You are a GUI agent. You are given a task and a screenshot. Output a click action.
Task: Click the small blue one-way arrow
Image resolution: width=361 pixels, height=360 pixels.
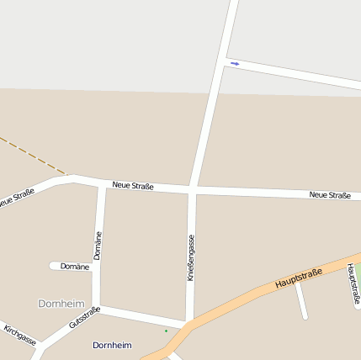coord(235,63)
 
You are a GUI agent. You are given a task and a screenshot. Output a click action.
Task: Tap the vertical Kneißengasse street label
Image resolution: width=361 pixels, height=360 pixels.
coord(191,257)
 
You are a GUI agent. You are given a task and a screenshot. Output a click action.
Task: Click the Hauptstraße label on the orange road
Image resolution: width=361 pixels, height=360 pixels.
coord(298,278)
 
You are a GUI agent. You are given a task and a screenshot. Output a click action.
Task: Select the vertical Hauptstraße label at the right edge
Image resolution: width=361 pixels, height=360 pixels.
coord(354,283)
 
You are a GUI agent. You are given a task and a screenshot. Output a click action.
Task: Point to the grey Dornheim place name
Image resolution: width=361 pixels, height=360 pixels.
coord(61,303)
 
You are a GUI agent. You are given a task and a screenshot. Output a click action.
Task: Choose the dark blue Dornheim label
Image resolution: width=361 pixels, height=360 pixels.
coord(112,345)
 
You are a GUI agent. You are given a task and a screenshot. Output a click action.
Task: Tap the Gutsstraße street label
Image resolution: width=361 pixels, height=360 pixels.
coord(85,317)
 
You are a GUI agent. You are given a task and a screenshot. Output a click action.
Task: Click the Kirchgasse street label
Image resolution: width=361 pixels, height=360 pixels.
coord(20,334)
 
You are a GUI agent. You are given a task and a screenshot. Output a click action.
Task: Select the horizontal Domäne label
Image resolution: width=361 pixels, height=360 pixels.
coord(75,267)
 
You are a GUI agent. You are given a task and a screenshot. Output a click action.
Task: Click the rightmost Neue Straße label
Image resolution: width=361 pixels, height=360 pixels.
coord(330,195)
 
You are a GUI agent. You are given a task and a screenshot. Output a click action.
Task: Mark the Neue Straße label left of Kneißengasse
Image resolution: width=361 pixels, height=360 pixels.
coord(133,184)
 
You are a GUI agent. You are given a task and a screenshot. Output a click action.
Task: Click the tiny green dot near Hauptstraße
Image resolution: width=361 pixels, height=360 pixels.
coord(166,331)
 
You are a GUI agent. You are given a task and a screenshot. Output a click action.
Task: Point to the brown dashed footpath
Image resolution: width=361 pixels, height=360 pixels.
coord(34,155)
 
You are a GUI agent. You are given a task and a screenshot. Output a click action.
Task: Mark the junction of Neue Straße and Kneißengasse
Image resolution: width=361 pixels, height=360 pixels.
coord(193,188)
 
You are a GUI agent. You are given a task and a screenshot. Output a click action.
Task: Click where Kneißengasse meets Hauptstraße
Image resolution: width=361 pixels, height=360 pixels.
coord(188,323)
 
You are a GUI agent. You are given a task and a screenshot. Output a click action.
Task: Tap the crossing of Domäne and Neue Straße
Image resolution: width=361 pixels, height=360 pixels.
coord(102,183)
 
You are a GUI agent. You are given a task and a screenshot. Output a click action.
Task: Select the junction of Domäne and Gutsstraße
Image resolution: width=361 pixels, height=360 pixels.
coord(97,307)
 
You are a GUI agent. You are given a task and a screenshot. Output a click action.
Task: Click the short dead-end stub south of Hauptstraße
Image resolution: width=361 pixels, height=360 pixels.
coord(301,302)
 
